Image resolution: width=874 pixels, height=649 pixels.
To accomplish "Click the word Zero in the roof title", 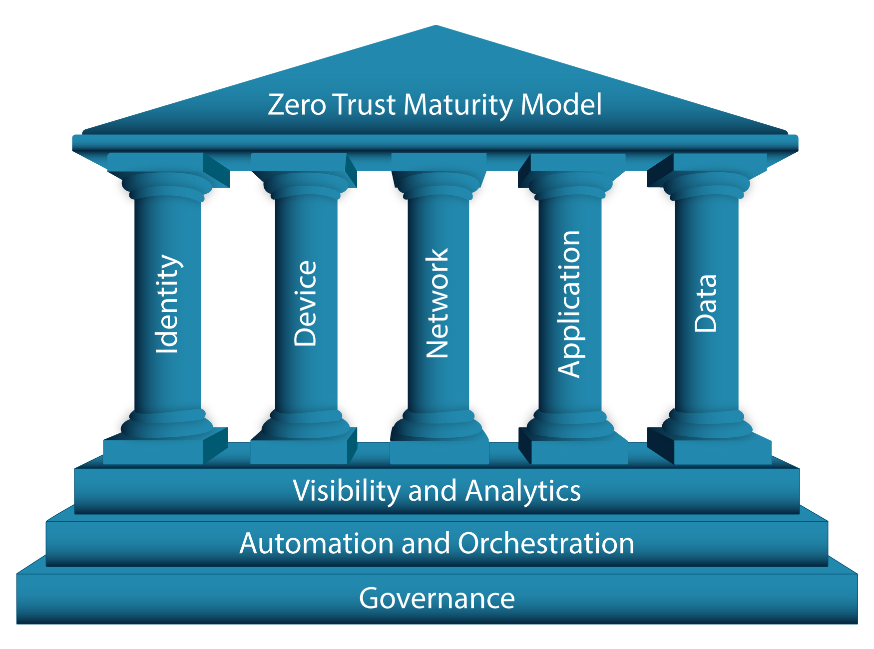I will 297,105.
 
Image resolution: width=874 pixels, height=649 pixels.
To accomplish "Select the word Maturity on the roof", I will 458,106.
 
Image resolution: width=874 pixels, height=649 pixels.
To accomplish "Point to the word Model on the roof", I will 561,105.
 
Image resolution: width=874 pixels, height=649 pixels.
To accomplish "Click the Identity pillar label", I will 167,305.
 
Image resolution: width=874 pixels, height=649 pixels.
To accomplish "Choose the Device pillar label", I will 305,304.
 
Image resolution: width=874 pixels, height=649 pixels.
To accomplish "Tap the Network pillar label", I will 437,304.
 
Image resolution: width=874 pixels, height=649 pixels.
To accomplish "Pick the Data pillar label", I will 706,304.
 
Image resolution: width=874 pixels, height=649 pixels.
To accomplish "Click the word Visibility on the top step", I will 347,491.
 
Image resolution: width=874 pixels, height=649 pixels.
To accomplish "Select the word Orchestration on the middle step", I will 546,543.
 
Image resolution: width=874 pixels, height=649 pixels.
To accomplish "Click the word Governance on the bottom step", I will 437,598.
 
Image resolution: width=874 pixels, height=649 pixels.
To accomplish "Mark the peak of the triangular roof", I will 436,27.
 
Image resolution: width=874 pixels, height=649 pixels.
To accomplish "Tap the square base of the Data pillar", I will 722,451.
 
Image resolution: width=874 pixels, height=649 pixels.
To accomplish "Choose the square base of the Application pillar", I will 579,451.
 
